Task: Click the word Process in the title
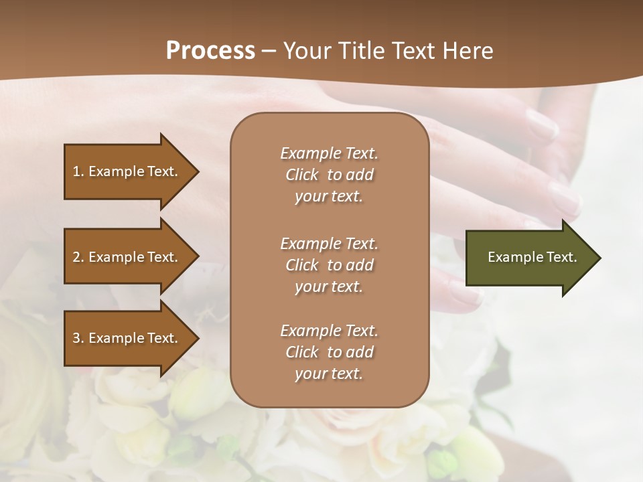click(210, 50)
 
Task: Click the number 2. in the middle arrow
click(78, 257)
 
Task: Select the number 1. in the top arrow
click(78, 171)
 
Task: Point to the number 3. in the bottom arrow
click(78, 338)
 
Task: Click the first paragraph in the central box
click(329, 175)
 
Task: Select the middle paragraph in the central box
click(329, 264)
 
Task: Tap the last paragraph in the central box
click(329, 352)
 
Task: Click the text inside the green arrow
click(532, 257)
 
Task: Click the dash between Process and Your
click(269, 51)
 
